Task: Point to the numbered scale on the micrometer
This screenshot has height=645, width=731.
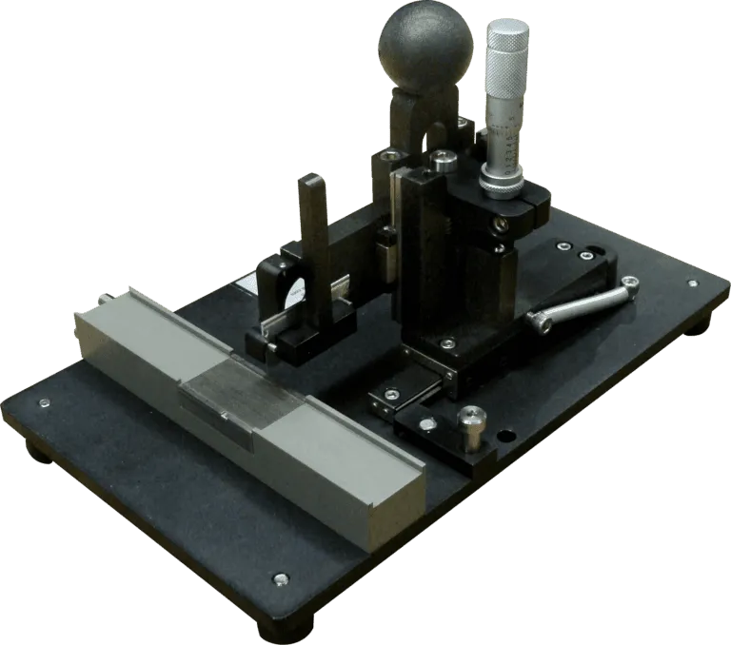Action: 507,143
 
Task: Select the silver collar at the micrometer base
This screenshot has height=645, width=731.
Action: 502,180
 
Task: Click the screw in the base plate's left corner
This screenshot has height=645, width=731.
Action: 44,405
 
